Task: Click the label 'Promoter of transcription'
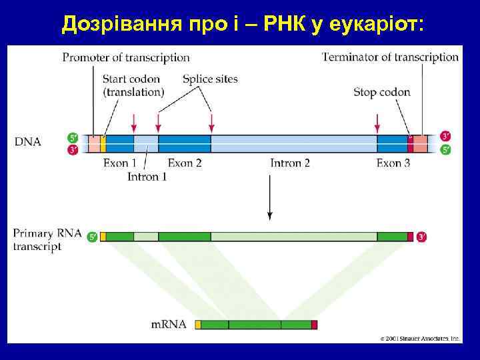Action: click(126, 58)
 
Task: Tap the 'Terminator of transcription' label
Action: click(390, 57)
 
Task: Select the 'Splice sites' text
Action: click(210, 79)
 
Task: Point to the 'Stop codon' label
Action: click(381, 93)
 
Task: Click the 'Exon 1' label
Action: click(120, 163)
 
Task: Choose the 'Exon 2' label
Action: click(185, 163)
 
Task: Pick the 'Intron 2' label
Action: click(290, 163)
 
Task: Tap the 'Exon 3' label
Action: click(393, 163)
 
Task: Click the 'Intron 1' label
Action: click(147, 177)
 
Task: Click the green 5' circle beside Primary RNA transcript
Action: click(92, 236)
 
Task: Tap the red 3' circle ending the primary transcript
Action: click(422, 236)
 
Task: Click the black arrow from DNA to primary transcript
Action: click(269, 199)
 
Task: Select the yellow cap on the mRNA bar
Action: click(197, 325)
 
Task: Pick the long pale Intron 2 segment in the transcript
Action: click(293, 236)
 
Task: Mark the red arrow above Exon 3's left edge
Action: click(377, 123)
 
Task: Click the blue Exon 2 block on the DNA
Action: click(185, 143)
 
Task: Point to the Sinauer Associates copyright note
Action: click(420, 338)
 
